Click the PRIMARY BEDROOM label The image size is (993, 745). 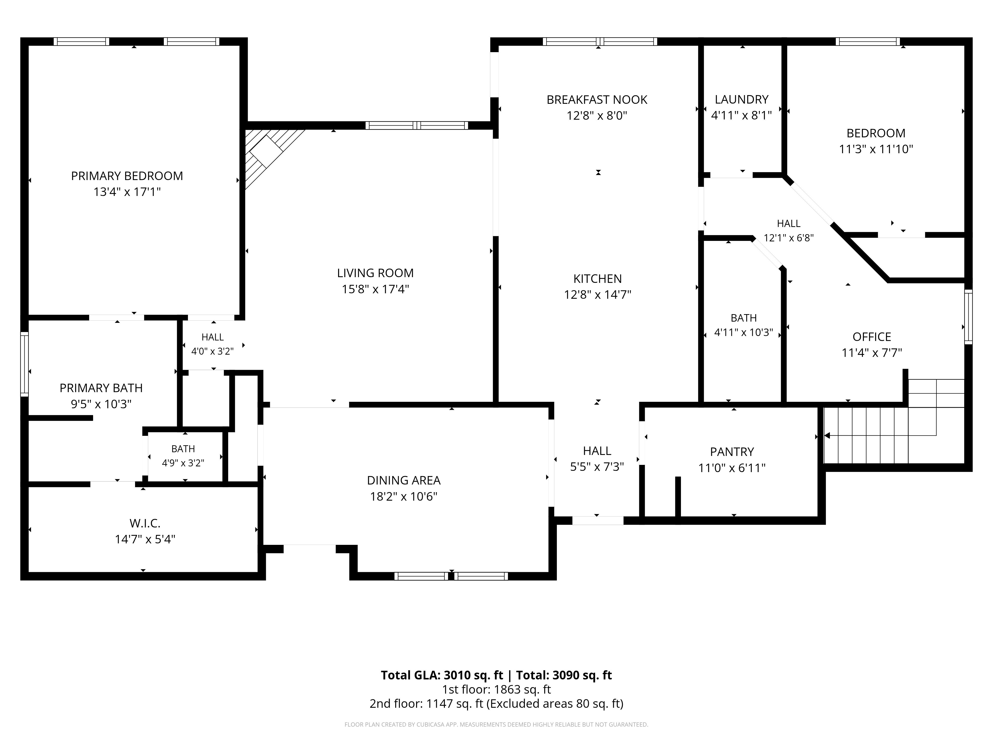click(127, 176)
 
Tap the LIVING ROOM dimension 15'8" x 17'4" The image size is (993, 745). click(375, 289)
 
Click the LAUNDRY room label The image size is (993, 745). click(742, 99)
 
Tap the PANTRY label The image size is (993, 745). click(732, 452)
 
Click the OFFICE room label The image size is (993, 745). click(872, 337)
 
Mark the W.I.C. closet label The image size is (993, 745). click(145, 523)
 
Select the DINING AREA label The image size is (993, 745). click(404, 481)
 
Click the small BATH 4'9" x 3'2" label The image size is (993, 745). click(183, 456)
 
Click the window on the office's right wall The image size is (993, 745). click(969, 317)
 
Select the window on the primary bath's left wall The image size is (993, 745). click(24, 364)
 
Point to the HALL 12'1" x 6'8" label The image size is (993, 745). click(789, 230)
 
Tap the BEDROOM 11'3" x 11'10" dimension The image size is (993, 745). click(876, 149)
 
